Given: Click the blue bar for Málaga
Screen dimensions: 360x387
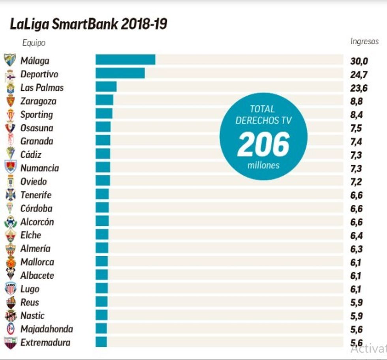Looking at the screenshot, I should (x=125, y=60).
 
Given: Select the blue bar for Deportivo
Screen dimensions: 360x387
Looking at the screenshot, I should (x=120, y=73).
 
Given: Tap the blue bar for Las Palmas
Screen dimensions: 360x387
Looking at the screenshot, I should (x=106, y=87).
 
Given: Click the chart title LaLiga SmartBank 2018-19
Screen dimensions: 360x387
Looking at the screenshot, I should (x=88, y=24).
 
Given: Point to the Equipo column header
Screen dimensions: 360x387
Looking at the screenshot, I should (x=34, y=43).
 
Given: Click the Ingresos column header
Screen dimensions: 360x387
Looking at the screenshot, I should (x=364, y=41).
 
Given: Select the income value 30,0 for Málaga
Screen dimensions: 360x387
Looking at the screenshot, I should (x=359, y=61).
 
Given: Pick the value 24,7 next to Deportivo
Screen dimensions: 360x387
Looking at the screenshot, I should (x=359, y=74).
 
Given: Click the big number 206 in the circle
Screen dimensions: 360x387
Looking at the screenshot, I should (x=263, y=144).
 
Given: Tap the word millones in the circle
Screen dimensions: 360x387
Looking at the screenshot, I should (x=263, y=165).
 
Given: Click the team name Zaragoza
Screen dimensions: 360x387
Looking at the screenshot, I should (x=38, y=101).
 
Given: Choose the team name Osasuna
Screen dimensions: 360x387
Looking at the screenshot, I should (x=37, y=128).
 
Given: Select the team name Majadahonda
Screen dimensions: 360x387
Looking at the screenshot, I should (x=47, y=329).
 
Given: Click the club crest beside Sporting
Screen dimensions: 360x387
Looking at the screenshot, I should (x=10, y=115).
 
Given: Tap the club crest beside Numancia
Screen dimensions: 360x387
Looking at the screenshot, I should (x=10, y=167).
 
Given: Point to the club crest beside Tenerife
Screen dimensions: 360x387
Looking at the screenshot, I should (x=10, y=195).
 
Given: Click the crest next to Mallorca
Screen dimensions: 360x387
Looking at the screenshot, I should (x=10, y=262).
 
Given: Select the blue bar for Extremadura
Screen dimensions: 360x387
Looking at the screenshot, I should (x=101, y=342).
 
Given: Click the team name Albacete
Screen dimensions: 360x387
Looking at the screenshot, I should (x=37, y=276).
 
